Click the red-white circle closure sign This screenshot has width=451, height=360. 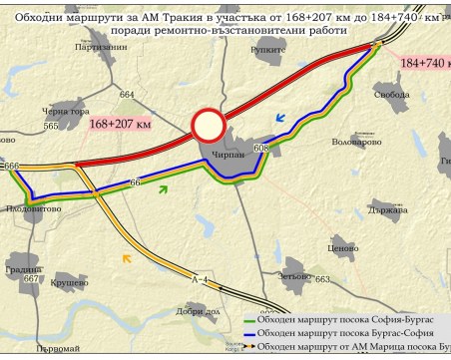click(x=209, y=126)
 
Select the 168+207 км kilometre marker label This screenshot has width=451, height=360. click(x=120, y=124)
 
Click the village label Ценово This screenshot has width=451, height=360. click(x=342, y=247)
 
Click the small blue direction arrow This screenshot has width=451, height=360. click(x=281, y=118)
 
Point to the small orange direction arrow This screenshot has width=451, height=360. click(x=126, y=259)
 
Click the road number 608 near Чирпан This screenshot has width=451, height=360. click(x=261, y=149)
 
